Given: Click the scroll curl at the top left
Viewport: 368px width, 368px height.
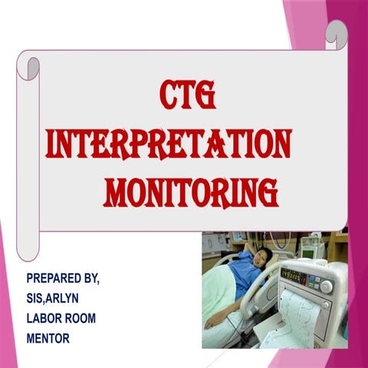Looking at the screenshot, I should tap(28, 67).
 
